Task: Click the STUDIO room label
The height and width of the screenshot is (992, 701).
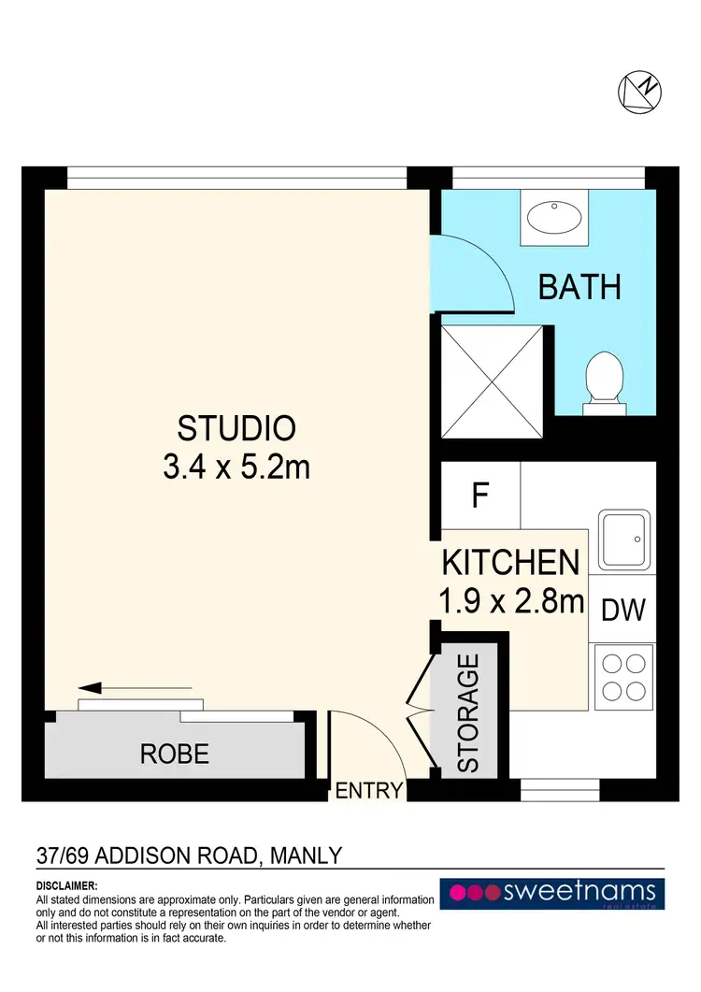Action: tap(236, 428)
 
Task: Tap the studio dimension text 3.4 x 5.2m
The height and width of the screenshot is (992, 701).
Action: tap(236, 466)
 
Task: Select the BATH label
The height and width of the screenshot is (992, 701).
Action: tap(579, 287)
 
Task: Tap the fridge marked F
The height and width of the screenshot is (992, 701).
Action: tap(480, 495)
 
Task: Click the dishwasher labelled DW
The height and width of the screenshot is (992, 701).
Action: tap(622, 611)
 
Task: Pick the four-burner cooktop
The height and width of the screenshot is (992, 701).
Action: tap(622, 677)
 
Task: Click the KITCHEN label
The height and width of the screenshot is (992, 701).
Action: tap(510, 563)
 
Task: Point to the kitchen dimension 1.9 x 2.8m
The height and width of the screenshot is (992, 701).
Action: tap(510, 600)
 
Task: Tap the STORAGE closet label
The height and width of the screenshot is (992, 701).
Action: tap(469, 712)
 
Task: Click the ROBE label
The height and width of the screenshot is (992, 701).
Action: tap(175, 753)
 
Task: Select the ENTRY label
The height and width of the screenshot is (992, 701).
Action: tap(368, 791)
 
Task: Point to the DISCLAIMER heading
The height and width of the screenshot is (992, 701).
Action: tap(66, 885)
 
